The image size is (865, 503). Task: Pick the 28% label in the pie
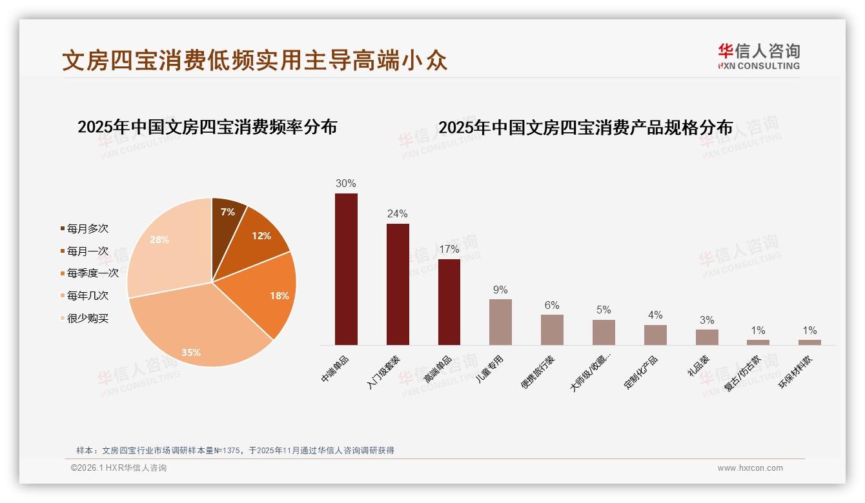[159, 240]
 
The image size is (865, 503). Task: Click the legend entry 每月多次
[87, 228]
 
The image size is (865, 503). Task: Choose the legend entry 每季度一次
[92, 273]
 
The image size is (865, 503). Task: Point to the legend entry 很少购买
[87, 318]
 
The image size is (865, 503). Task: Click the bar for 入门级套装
[398, 284]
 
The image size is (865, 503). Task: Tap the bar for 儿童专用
[500, 322]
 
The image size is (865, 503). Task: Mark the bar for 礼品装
[707, 337]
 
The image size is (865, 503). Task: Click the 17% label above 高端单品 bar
[449, 249]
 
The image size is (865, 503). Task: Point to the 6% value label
[552, 305]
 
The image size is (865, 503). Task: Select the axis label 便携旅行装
[538, 372]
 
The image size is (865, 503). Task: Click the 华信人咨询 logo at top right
[758, 56]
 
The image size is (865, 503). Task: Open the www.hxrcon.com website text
[750, 468]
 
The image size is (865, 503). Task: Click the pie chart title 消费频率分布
[207, 127]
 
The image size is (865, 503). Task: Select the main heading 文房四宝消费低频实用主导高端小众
[255, 61]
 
